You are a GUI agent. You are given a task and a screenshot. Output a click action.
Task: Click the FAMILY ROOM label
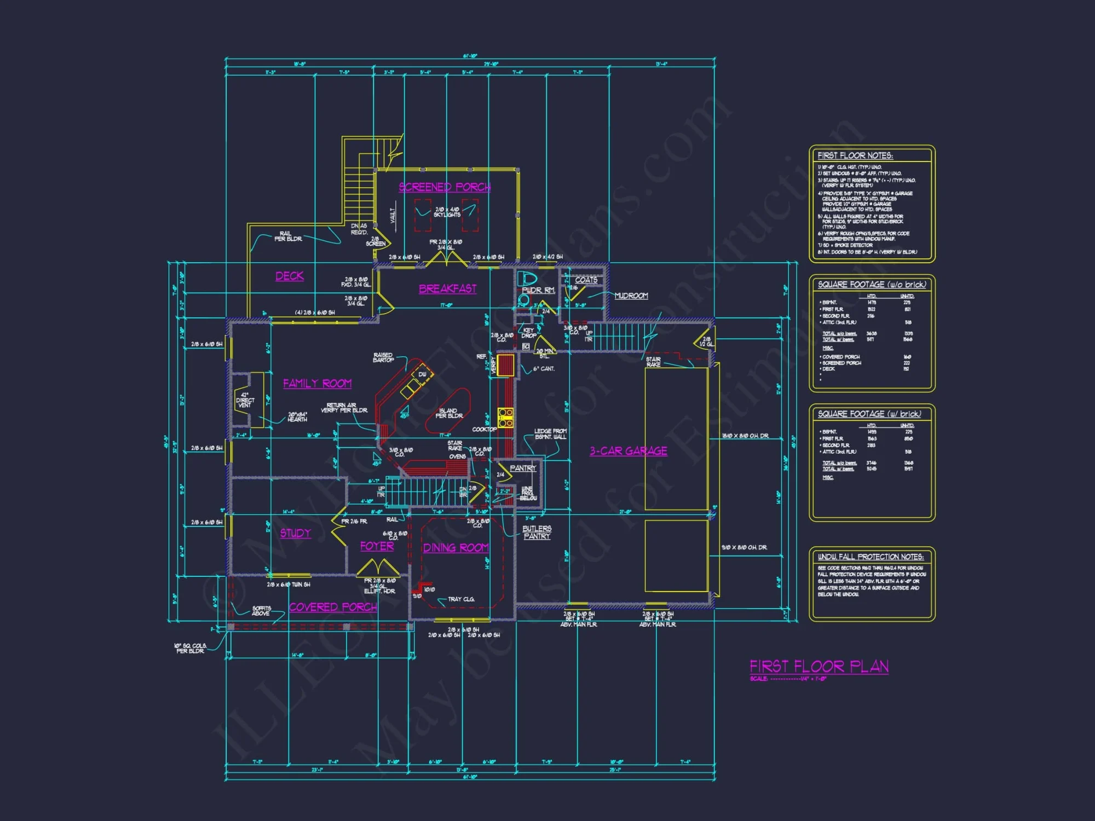pos(317,384)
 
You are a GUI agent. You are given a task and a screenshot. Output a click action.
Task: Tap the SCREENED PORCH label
pos(445,187)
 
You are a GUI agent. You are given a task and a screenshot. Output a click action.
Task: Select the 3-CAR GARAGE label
pos(628,451)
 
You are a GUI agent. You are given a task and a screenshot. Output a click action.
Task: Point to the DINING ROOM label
pos(456,548)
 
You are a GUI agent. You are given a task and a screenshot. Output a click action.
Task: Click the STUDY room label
pos(295,533)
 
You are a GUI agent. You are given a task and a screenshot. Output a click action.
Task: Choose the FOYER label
pos(377,546)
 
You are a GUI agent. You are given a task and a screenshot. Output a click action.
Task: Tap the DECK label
pos(289,276)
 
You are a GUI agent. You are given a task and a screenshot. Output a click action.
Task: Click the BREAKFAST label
pos(447,288)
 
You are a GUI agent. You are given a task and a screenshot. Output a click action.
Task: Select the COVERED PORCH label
pos(333,607)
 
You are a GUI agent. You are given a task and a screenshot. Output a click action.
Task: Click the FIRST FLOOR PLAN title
pos(819,666)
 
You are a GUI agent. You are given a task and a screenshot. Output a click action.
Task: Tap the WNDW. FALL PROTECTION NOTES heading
pos(871,557)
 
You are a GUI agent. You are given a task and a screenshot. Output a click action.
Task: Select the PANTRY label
pos(523,468)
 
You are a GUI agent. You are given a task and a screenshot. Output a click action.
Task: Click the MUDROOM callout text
pos(631,296)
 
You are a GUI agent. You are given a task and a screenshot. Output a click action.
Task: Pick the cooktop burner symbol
pos(505,417)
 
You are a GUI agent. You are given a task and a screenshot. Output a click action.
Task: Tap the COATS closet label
pos(586,280)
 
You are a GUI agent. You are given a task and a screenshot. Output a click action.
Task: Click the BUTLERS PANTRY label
pos(537,533)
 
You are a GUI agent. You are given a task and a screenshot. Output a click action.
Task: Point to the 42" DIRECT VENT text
pos(245,400)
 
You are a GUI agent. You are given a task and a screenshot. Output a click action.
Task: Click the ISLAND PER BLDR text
pos(448,413)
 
